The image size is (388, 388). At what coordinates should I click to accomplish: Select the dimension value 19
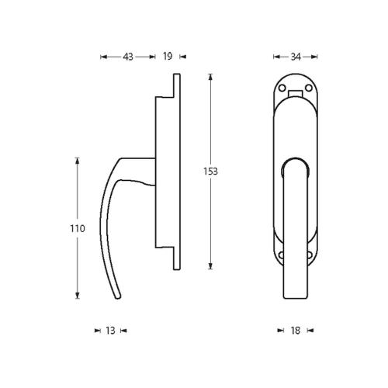tap(168, 57)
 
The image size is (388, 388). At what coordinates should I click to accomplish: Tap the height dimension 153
tap(210, 171)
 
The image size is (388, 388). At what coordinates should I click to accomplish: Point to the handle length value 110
tap(77, 229)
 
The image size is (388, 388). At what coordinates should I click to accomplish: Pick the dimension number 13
tap(110, 331)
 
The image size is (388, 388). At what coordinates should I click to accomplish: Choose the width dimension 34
tap(296, 57)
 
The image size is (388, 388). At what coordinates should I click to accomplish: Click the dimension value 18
tap(295, 331)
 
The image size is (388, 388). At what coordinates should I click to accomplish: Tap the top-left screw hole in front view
tap(282, 89)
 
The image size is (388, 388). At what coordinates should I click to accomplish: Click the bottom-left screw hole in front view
tap(282, 252)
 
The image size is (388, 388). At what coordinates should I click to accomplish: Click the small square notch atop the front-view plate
tap(296, 95)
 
